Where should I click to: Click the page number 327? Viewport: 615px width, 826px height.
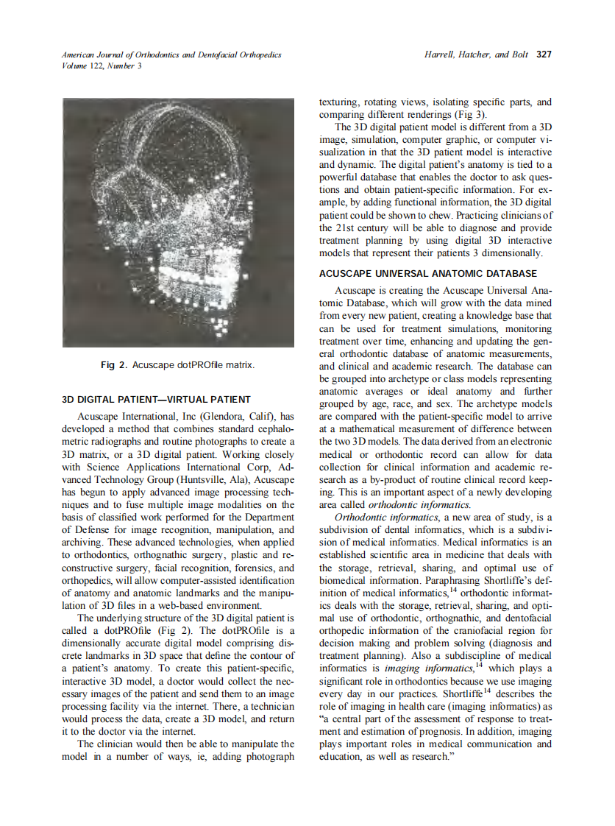(x=544, y=54)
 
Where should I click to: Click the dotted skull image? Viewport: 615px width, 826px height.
(x=178, y=223)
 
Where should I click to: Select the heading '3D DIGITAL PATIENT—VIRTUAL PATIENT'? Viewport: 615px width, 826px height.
(x=156, y=400)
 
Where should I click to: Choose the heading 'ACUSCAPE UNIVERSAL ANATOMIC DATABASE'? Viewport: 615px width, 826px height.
(x=428, y=273)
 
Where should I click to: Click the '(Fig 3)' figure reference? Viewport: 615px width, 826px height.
(x=468, y=115)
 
